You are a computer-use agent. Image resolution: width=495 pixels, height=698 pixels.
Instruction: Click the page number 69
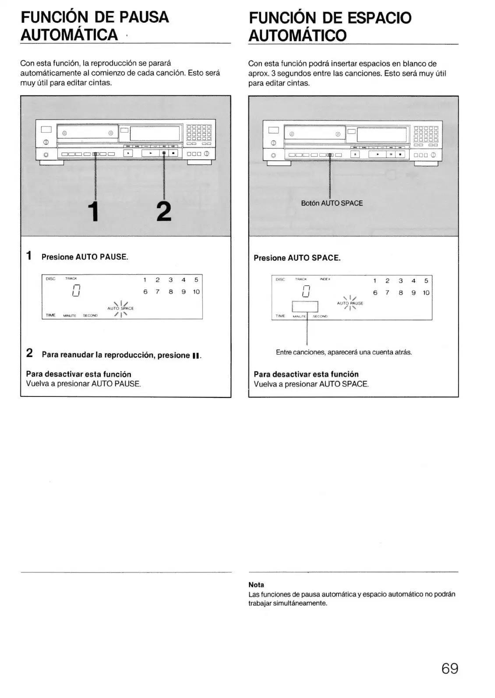coord(449,669)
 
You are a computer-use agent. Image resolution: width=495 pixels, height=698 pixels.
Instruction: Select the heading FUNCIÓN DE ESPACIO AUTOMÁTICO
coord(330,26)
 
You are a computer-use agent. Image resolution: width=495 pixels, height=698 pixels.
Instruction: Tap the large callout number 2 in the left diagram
coord(163,212)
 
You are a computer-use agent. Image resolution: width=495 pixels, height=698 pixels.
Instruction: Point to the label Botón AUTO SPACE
coord(332,203)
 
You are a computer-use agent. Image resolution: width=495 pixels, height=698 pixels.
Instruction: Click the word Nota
coord(256,585)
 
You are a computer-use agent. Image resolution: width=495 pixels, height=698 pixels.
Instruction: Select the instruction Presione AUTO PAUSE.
coord(85,257)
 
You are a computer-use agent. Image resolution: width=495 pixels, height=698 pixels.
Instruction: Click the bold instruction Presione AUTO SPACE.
coord(297,258)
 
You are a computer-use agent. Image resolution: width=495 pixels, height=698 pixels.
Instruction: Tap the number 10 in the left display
coord(196,292)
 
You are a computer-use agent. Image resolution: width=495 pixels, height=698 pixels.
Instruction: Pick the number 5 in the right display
coord(426,281)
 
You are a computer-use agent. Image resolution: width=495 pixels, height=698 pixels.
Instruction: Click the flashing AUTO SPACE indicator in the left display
coord(120,308)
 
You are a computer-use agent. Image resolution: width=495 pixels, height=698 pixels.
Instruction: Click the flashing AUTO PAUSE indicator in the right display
coord(350,303)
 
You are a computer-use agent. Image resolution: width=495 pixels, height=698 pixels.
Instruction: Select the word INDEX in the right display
coord(325,279)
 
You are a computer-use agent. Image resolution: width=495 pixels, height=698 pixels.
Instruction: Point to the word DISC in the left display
coord(50,278)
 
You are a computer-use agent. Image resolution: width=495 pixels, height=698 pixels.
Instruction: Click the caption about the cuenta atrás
coord(344,352)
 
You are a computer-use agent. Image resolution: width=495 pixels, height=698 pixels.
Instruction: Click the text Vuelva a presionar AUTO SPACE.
coord(311,384)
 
